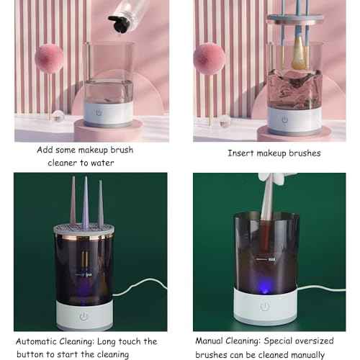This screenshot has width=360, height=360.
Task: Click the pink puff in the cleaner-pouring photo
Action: point(49,58)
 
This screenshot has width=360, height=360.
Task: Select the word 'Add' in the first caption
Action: point(45,150)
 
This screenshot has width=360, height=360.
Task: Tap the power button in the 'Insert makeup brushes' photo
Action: point(284,120)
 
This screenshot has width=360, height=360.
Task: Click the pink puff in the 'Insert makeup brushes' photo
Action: point(210,58)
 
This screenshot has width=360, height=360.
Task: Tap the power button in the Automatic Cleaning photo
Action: point(84,315)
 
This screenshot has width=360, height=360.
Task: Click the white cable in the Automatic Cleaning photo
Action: point(137,289)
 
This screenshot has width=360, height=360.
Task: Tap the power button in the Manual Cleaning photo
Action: point(266,305)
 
